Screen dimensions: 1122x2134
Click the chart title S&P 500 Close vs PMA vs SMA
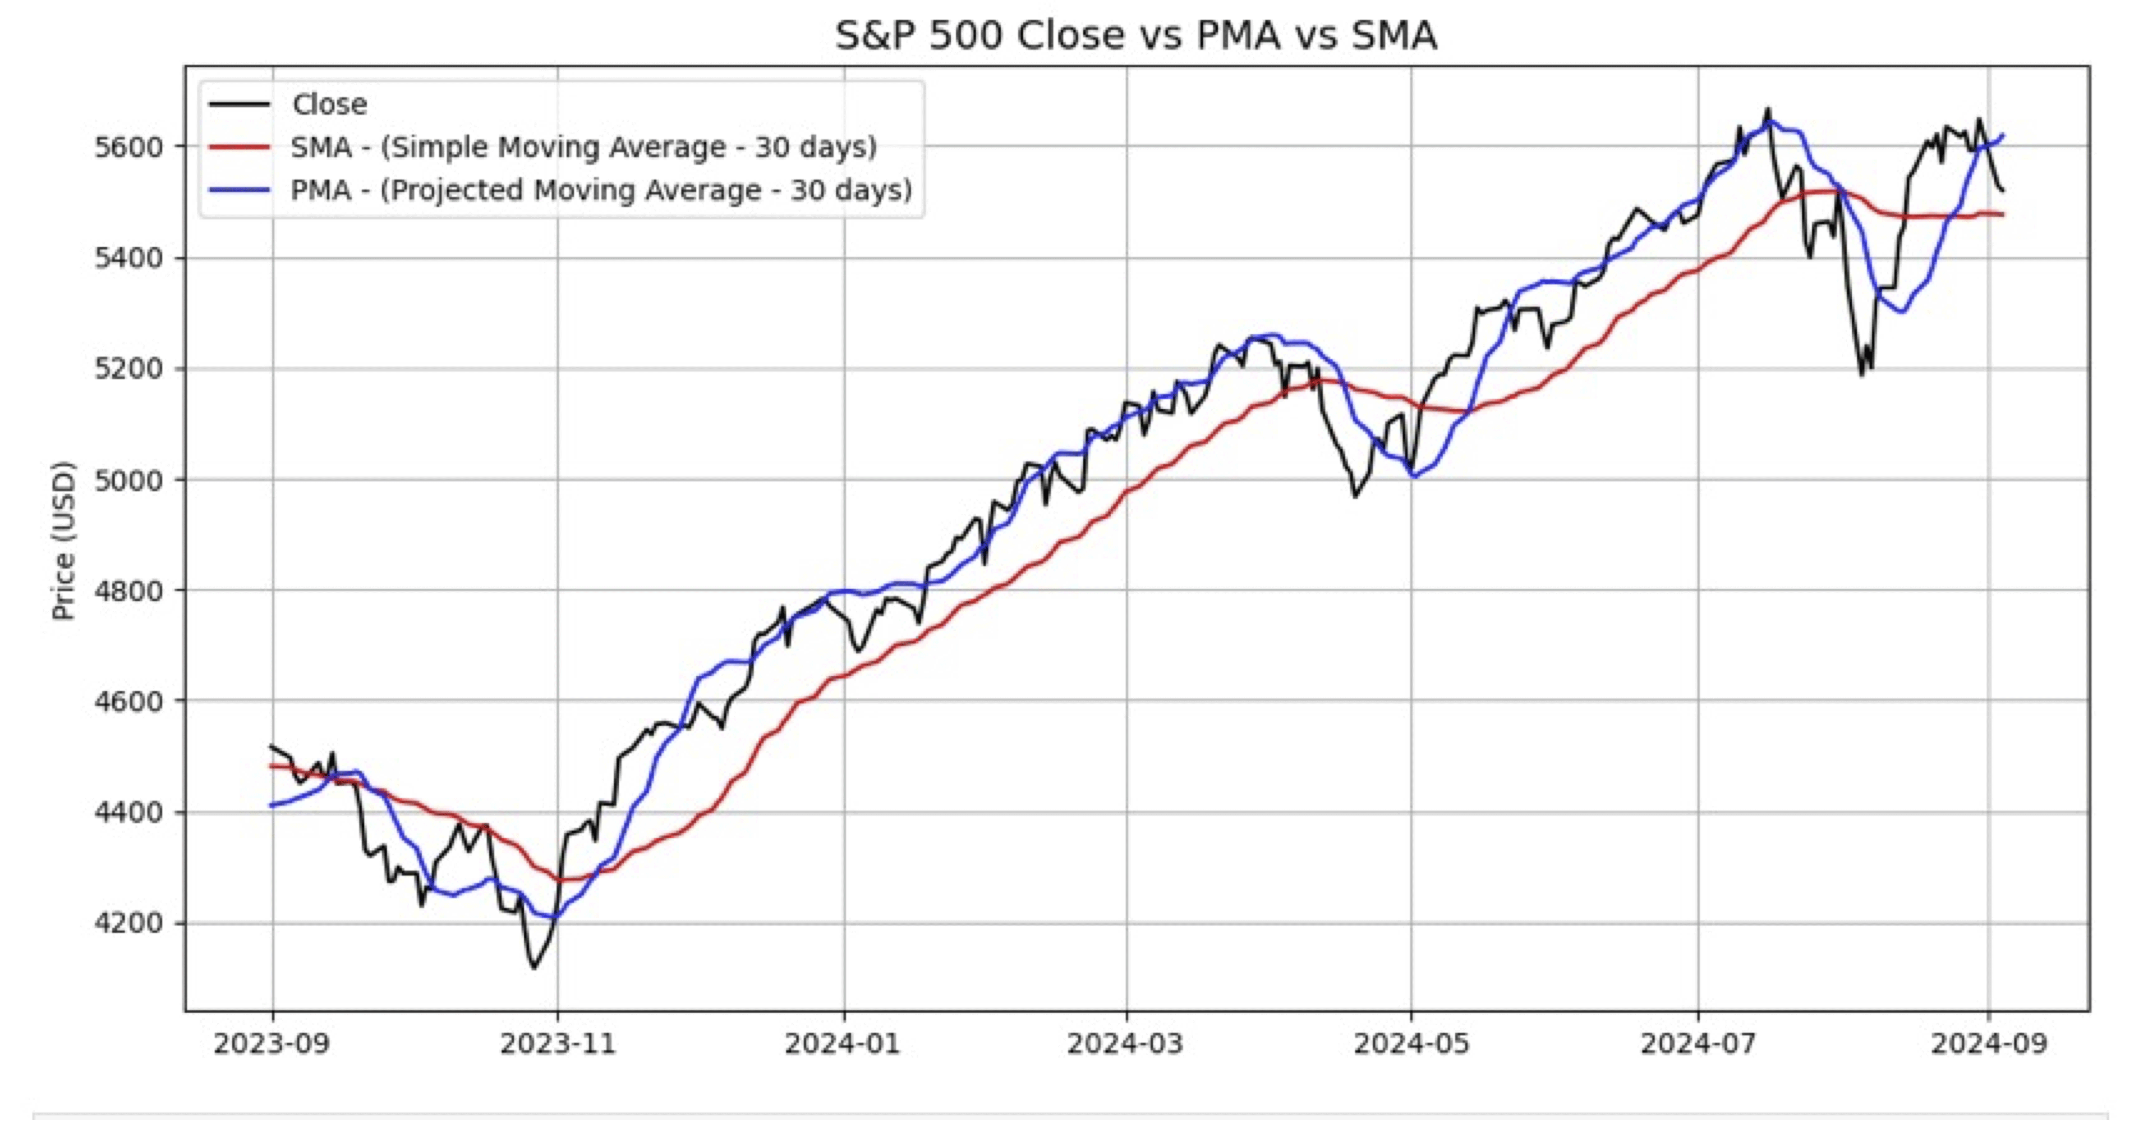pyautogui.click(x=1135, y=36)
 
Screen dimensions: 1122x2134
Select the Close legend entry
pyautogui.click(x=329, y=104)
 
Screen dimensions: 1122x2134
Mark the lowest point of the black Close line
pyautogui.click(x=533, y=967)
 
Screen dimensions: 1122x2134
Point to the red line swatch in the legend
pyautogui.click(x=239, y=147)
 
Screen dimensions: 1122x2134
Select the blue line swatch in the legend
pyautogui.click(x=239, y=190)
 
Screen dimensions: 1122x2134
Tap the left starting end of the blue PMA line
pyautogui.click(x=271, y=805)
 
